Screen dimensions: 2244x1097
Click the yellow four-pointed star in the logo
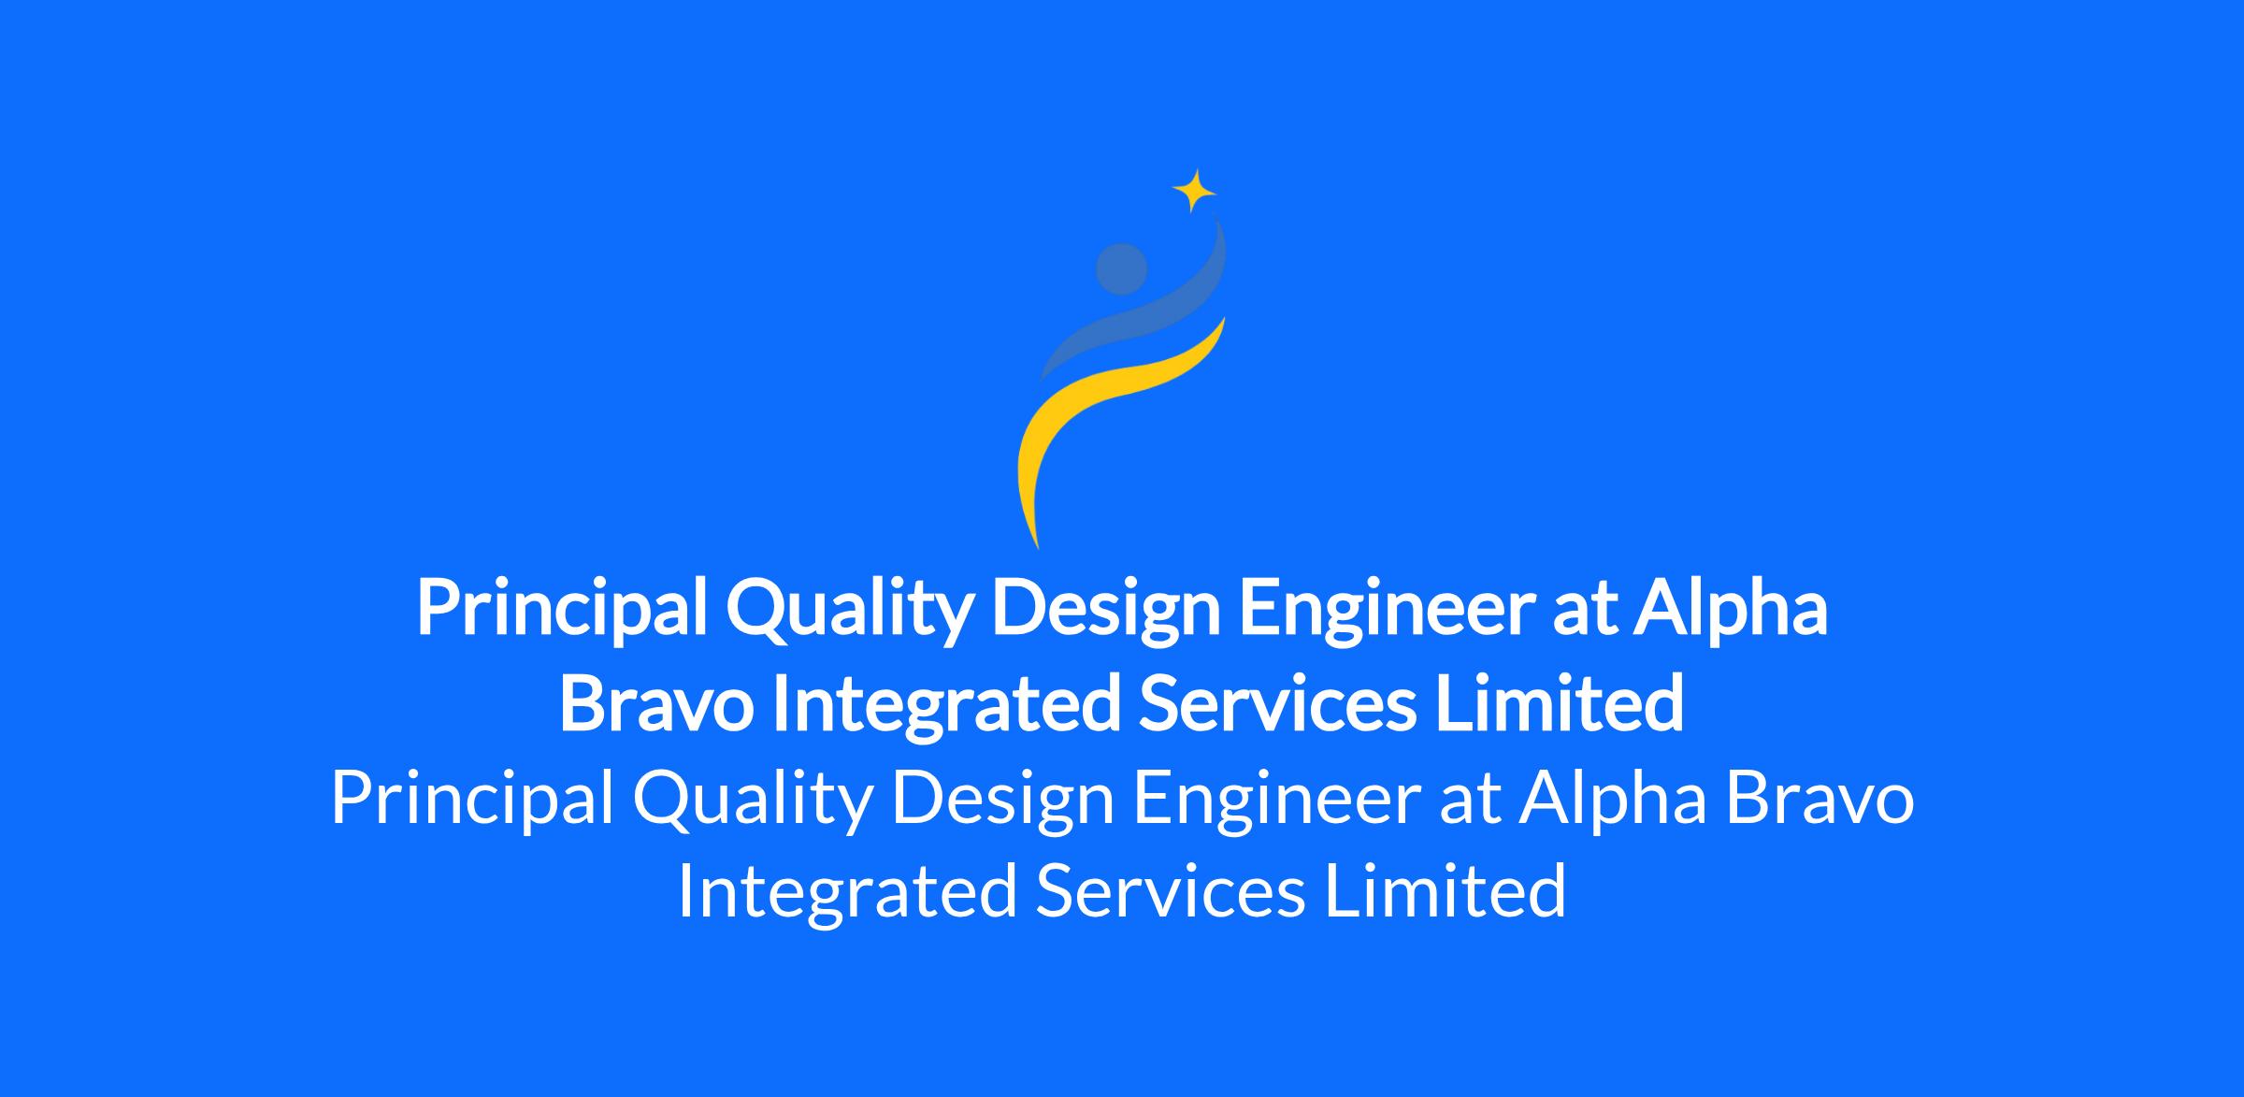[x=1194, y=191]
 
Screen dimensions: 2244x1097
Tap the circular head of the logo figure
[x=1121, y=269]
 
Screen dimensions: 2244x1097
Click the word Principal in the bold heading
[x=561, y=610]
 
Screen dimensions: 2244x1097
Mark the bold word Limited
[x=1560, y=702]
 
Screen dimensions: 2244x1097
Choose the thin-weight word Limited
[x=1446, y=890]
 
